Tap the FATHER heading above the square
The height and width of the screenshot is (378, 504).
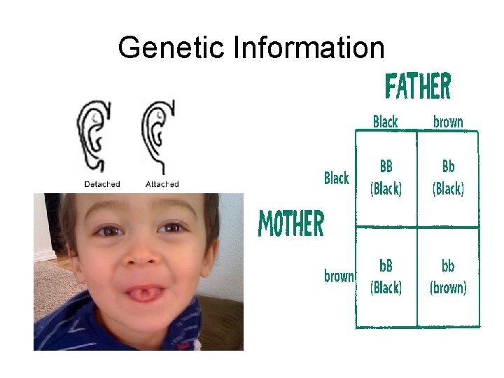(418, 87)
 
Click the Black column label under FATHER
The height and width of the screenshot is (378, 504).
(385, 122)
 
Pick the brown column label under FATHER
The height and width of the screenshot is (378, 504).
(448, 122)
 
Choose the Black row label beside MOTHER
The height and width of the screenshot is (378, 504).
(337, 178)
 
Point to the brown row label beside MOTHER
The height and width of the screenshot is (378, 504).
(339, 276)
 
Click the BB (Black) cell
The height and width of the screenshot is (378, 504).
(386, 178)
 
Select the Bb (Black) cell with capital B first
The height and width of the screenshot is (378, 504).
(448, 178)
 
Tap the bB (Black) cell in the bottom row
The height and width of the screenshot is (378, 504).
(386, 276)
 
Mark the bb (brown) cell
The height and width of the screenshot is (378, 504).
(448, 276)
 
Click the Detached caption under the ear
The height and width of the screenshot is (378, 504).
(102, 185)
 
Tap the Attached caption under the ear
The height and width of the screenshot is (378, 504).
(162, 185)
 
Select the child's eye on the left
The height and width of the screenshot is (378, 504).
(108, 230)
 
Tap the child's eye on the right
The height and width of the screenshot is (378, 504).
(172, 227)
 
